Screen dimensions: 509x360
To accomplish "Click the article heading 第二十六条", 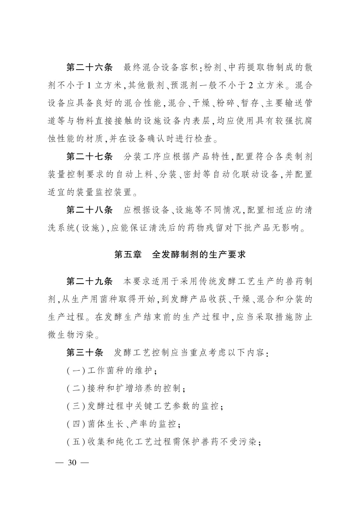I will (x=89, y=68).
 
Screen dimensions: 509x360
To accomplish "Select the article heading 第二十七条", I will (x=89, y=157).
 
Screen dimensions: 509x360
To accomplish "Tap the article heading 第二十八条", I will (x=89, y=210).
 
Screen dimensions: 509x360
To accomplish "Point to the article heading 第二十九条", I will (x=89, y=281).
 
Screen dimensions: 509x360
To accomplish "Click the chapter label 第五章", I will (x=128, y=254).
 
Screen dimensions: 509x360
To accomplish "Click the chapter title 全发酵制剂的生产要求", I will (x=199, y=254).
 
